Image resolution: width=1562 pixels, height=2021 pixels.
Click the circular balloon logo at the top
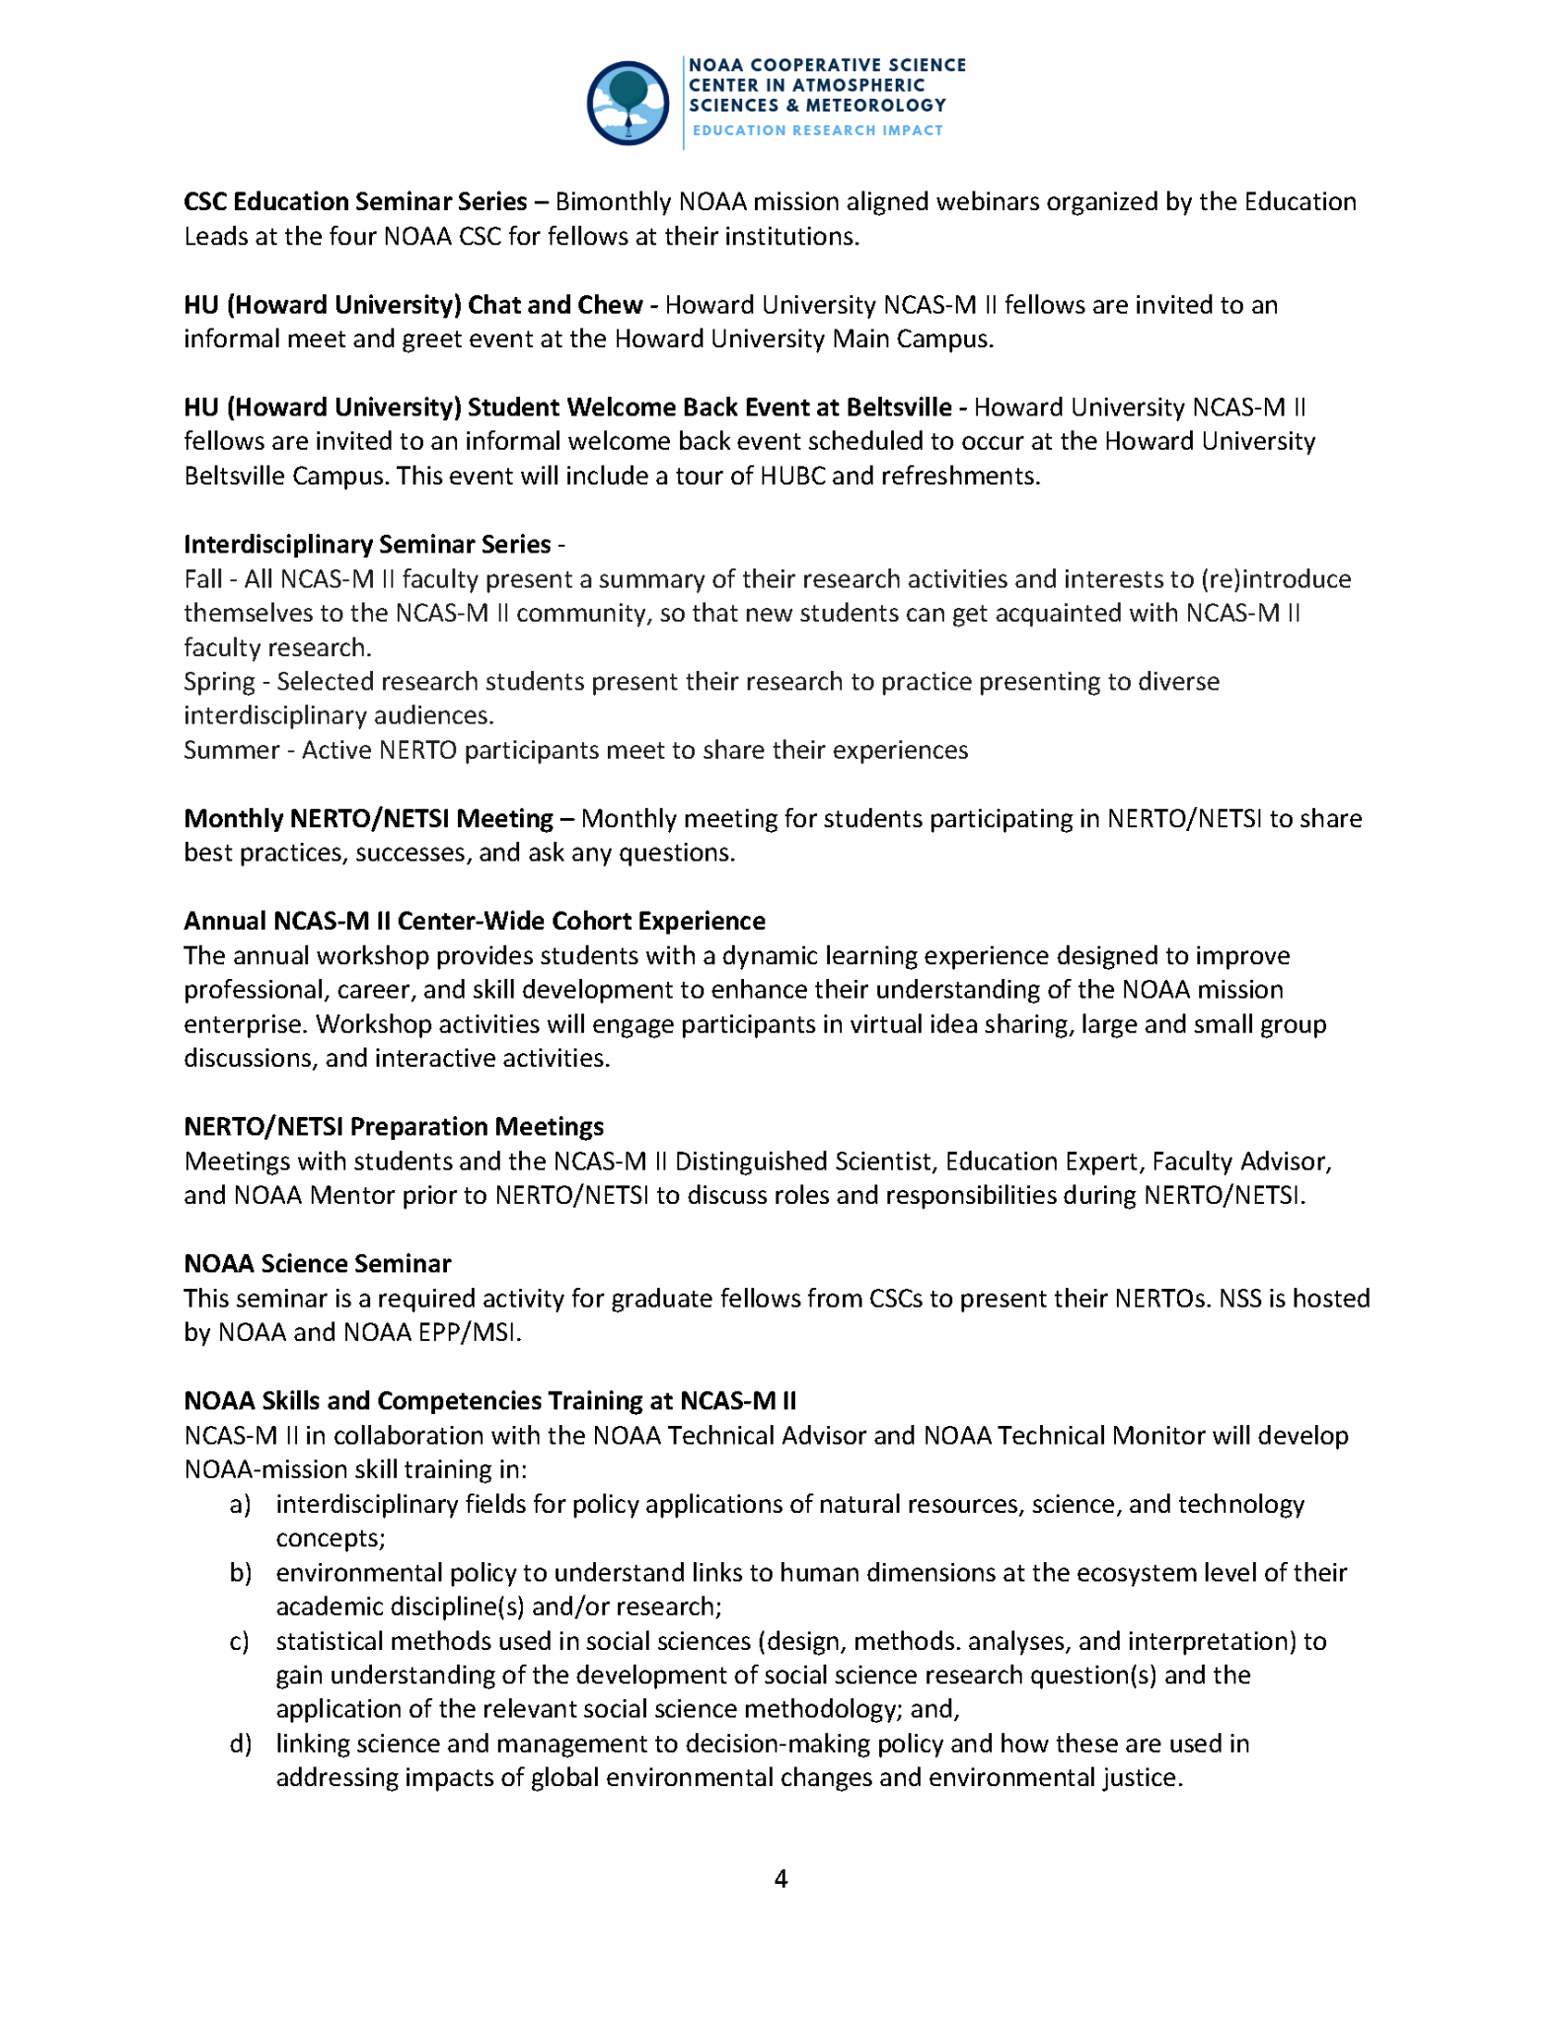[x=628, y=104]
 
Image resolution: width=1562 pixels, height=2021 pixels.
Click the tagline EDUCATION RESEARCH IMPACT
[x=817, y=130]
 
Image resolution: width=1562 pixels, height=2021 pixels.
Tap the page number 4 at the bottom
[x=781, y=1878]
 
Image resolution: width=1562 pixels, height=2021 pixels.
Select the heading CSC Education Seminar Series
[x=355, y=202]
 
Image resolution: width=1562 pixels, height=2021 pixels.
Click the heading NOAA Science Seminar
[x=317, y=1264]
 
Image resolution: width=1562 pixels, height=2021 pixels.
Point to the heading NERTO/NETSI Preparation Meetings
[x=394, y=1127]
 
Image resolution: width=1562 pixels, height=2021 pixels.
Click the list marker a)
[x=240, y=1504]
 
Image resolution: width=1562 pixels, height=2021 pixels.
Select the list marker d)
[x=240, y=1744]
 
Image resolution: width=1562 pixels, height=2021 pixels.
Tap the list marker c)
[x=239, y=1641]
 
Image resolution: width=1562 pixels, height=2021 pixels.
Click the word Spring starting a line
[x=219, y=682]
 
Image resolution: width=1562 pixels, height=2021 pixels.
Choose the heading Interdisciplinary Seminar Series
[x=367, y=545]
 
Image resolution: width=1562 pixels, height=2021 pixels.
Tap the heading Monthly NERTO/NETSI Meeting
[x=368, y=819]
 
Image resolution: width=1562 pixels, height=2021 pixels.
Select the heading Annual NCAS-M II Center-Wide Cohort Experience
[x=474, y=922]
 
